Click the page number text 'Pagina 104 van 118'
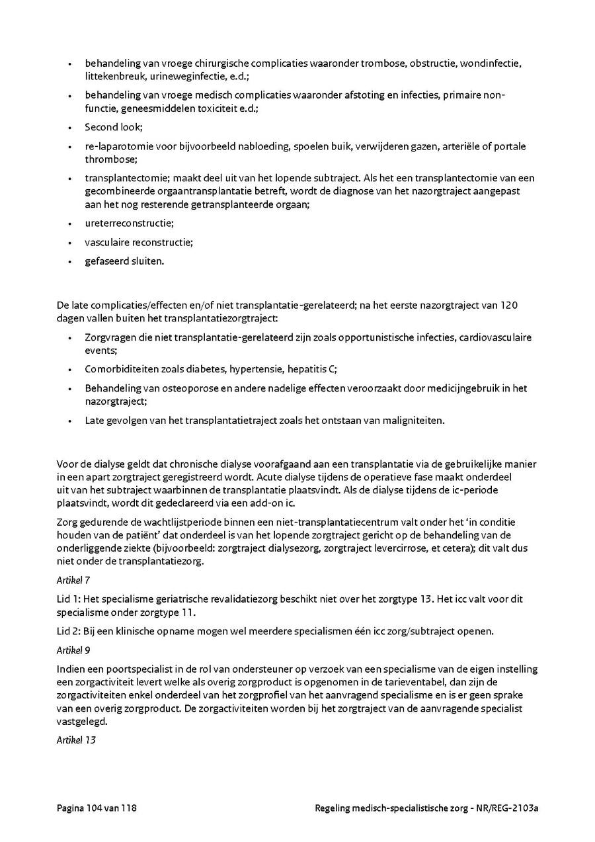pyautogui.click(x=97, y=808)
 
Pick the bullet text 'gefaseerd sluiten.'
pyautogui.click(x=124, y=261)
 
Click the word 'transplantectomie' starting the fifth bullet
pyautogui.click(x=123, y=178)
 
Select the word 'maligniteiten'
pyautogui.click(x=413, y=419)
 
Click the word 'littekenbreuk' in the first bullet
pyautogui.click(x=112, y=77)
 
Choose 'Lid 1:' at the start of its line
pyautogui.click(x=69, y=599)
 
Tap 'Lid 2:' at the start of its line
pyautogui.click(x=69, y=632)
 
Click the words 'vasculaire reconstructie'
pyautogui.click(x=138, y=242)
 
